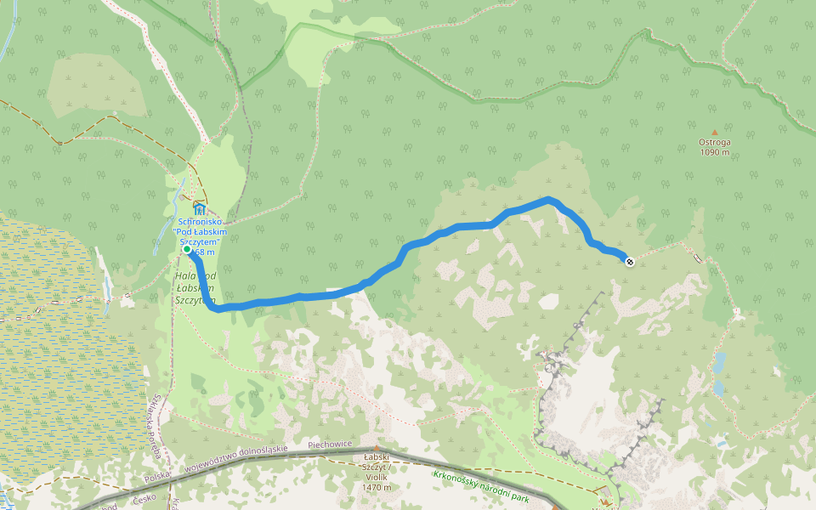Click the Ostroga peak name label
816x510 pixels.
tap(714, 143)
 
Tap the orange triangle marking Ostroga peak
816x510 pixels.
tap(714, 133)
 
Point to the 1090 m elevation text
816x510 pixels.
tap(714, 153)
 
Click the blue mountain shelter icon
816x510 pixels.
tap(199, 209)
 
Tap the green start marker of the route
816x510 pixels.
tap(187, 250)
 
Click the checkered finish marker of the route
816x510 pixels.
tap(629, 261)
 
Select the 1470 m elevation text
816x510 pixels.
tap(375, 487)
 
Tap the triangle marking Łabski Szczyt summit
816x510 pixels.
tap(375, 448)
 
